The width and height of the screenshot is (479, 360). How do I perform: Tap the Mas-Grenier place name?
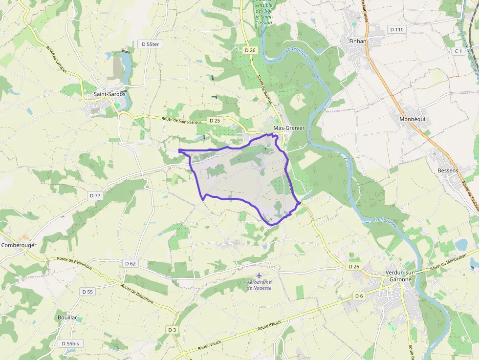pyautogui.click(x=289, y=128)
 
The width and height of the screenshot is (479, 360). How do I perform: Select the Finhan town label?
pyautogui.click(x=358, y=41)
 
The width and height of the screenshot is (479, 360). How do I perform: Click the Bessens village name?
pyautogui.click(x=448, y=170)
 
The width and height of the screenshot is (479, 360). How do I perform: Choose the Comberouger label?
pyautogui.click(x=19, y=245)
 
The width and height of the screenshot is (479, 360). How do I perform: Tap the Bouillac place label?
pyautogui.click(x=67, y=318)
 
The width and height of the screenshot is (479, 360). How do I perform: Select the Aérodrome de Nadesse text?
pyautogui.click(x=259, y=285)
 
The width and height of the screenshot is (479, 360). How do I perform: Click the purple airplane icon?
pyautogui.click(x=259, y=275)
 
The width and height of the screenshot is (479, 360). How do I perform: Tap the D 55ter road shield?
pyautogui.click(x=150, y=44)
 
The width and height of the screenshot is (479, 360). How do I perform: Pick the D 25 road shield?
pyautogui.click(x=215, y=120)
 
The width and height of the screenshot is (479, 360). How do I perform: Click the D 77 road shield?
pyautogui.click(x=95, y=195)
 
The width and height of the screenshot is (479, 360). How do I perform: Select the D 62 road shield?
pyautogui.click(x=130, y=263)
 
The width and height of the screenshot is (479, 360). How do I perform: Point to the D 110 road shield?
pyautogui.click(x=397, y=29)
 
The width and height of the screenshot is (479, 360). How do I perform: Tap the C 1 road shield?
pyautogui.click(x=458, y=51)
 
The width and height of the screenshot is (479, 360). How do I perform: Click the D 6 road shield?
pyautogui.click(x=359, y=296)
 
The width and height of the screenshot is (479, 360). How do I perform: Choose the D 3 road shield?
pyautogui.click(x=172, y=330)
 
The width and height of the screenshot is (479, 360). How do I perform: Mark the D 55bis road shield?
pyautogui.click(x=70, y=343)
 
